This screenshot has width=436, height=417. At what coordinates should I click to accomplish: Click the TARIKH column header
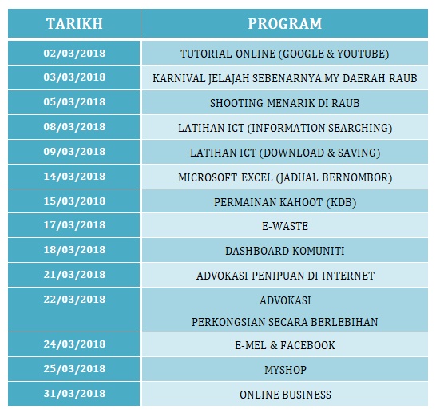73,24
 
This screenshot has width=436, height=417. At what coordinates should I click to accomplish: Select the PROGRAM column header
285,24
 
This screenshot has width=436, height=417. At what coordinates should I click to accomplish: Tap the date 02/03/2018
74,54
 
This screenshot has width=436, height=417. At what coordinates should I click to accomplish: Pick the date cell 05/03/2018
74,102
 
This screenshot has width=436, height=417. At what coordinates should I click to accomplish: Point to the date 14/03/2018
74,176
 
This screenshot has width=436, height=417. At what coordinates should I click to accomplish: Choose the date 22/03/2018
74,300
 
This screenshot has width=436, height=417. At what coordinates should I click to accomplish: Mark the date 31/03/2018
74,394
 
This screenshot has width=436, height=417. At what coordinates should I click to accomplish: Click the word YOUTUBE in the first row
358,54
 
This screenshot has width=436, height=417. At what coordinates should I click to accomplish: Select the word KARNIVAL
178,79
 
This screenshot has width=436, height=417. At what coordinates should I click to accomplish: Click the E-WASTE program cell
285,226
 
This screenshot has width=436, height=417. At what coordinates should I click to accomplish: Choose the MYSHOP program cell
285,371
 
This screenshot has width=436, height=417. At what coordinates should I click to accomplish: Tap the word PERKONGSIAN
229,322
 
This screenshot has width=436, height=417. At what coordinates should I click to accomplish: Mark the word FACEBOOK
307,346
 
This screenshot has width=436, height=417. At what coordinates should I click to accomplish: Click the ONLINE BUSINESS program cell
285,395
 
